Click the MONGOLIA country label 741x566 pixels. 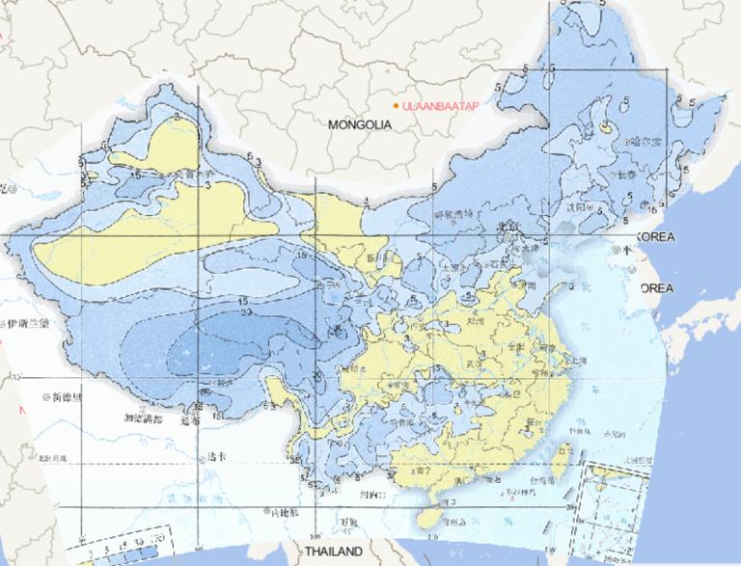click(359, 125)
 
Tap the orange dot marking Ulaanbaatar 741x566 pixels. click(396, 105)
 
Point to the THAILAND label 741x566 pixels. click(333, 552)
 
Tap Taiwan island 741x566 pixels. click(564, 450)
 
